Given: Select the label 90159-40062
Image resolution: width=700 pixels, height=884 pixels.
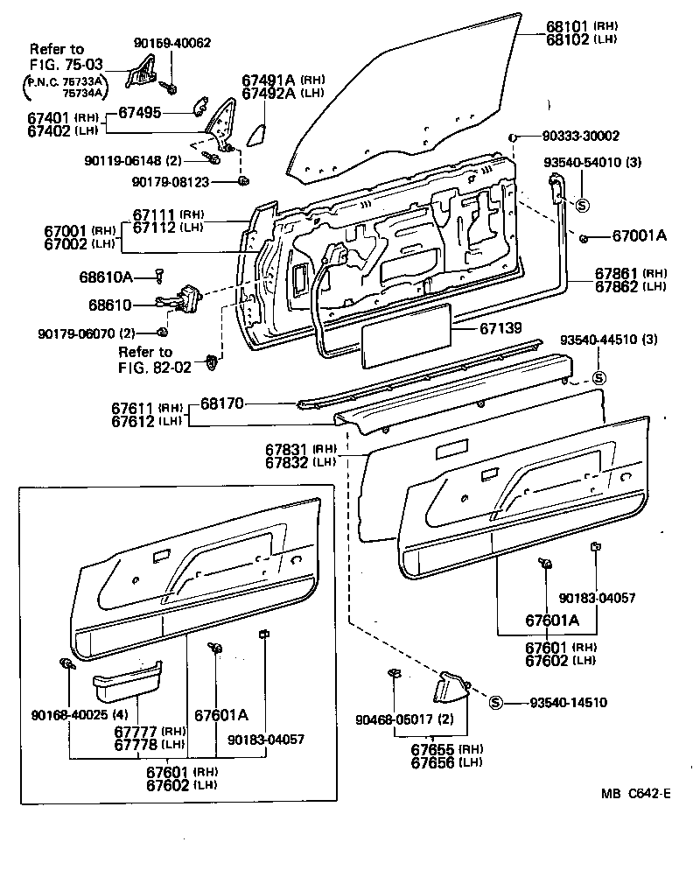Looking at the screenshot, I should (172, 42).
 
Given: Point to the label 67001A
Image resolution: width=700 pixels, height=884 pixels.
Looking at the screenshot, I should (639, 235).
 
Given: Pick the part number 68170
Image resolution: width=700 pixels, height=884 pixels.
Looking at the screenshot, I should (223, 403).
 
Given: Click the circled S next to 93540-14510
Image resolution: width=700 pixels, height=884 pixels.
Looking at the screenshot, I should (494, 702).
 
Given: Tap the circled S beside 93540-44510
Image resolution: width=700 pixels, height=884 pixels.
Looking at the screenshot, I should (599, 378).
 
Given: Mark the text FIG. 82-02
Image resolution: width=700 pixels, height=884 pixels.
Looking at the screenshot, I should (154, 368).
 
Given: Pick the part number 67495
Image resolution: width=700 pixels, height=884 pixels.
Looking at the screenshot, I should (139, 112).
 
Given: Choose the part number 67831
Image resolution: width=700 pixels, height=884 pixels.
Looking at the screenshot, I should (288, 448).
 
